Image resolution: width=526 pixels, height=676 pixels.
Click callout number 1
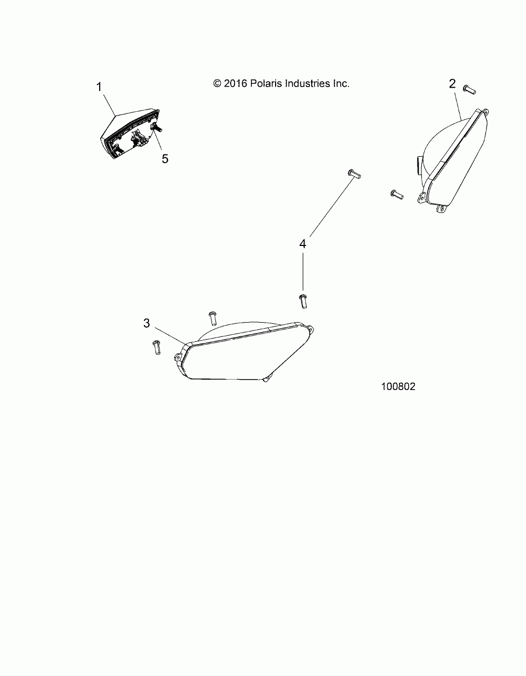99,87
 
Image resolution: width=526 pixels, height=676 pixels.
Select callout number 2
452,83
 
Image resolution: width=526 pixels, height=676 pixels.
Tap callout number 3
146,323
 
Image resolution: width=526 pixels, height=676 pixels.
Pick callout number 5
165,158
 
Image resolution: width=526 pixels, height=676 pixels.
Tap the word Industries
310,83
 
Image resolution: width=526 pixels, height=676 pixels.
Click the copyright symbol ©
217,84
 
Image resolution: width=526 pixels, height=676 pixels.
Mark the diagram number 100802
398,386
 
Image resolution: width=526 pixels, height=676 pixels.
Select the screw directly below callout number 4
302,300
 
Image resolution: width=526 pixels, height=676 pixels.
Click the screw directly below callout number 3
155,347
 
